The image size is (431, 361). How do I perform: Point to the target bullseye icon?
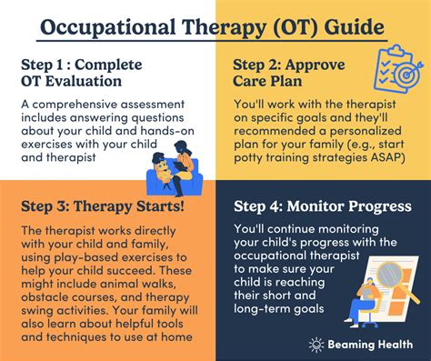click(x=407, y=74)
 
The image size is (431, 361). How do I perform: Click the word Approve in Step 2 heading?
click(x=316, y=65)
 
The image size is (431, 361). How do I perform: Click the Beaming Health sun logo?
click(x=316, y=345)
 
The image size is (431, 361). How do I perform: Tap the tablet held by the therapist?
click(x=180, y=166)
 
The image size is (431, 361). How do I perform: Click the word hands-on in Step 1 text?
click(x=167, y=131)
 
